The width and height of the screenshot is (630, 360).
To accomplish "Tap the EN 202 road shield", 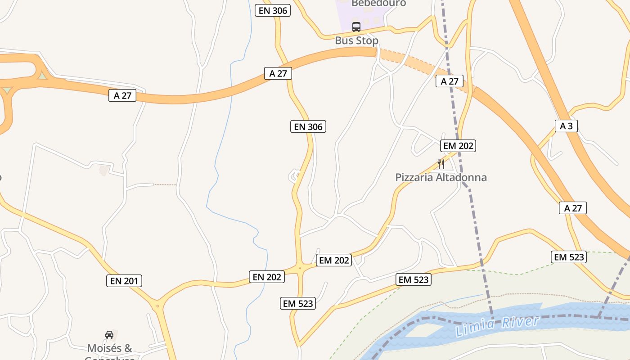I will coord(267,277).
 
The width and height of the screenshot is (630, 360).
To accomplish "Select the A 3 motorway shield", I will coord(566,126).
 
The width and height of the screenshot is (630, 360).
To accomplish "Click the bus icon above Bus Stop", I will coord(356,27).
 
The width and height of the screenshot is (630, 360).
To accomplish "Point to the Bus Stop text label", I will coord(356,40).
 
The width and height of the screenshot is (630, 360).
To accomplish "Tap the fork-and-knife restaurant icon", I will coord(441,164).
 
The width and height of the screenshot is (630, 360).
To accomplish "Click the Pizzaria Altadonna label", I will coord(441,177).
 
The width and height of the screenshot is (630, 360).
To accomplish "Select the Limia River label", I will coord(497,326).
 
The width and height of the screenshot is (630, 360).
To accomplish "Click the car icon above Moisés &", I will coord(109,334).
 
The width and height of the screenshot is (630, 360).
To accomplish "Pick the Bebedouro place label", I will coord(378,4).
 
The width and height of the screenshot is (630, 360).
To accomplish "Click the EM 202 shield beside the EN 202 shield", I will coord(334,260).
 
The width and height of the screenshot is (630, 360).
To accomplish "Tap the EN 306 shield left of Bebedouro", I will coord(273,10).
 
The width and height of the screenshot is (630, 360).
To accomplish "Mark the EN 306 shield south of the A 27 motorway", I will coord(308,127).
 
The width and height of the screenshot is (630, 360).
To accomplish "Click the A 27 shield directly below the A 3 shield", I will coord(573,208).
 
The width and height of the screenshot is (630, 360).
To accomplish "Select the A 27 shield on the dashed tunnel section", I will coord(450,81).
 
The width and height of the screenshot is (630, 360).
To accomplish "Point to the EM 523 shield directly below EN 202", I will coord(298,303).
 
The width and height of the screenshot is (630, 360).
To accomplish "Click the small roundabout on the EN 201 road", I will coord(157,306).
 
